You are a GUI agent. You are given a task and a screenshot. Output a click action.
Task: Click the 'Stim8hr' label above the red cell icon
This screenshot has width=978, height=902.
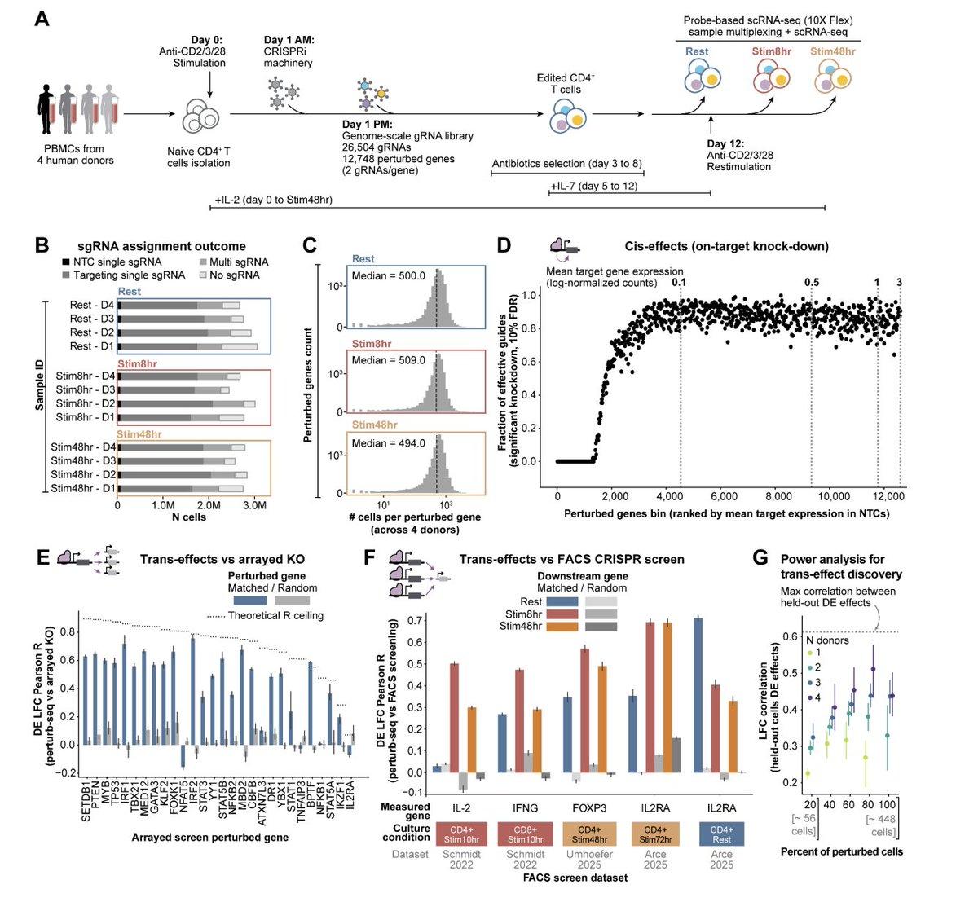(x=770, y=51)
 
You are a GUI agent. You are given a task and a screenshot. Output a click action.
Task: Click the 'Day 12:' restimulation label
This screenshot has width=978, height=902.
(x=727, y=143)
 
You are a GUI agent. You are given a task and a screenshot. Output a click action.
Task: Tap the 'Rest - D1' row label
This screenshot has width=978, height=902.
(x=91, y=346)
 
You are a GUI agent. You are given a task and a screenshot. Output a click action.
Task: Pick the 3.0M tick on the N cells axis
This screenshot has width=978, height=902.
(x=255, y=505)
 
